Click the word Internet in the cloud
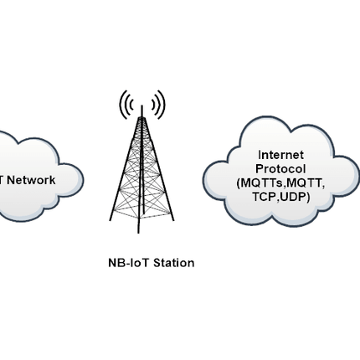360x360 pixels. [280, 154]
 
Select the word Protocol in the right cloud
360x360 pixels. [280, 168]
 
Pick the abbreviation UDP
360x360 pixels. [294, 197]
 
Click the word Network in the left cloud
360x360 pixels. [31, 180]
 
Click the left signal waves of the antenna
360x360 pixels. [126, 104]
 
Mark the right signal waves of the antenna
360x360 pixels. [159, 104]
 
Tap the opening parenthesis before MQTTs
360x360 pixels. [239, 183]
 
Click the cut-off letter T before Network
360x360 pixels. [3, 180]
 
